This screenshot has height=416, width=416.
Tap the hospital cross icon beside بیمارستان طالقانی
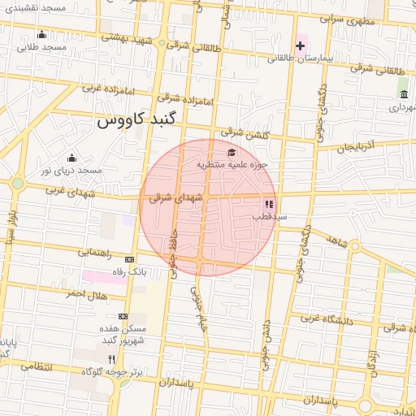[x=301, y=45]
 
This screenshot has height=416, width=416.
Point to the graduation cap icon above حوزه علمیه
[x=232, y=152]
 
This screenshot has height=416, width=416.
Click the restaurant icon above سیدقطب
[x=269, y=204]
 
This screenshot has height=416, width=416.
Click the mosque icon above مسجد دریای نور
[x=71, y=158]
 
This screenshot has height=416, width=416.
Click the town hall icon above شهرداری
[x=404, y=94]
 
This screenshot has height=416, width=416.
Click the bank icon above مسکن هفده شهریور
[x=123, y=316]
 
